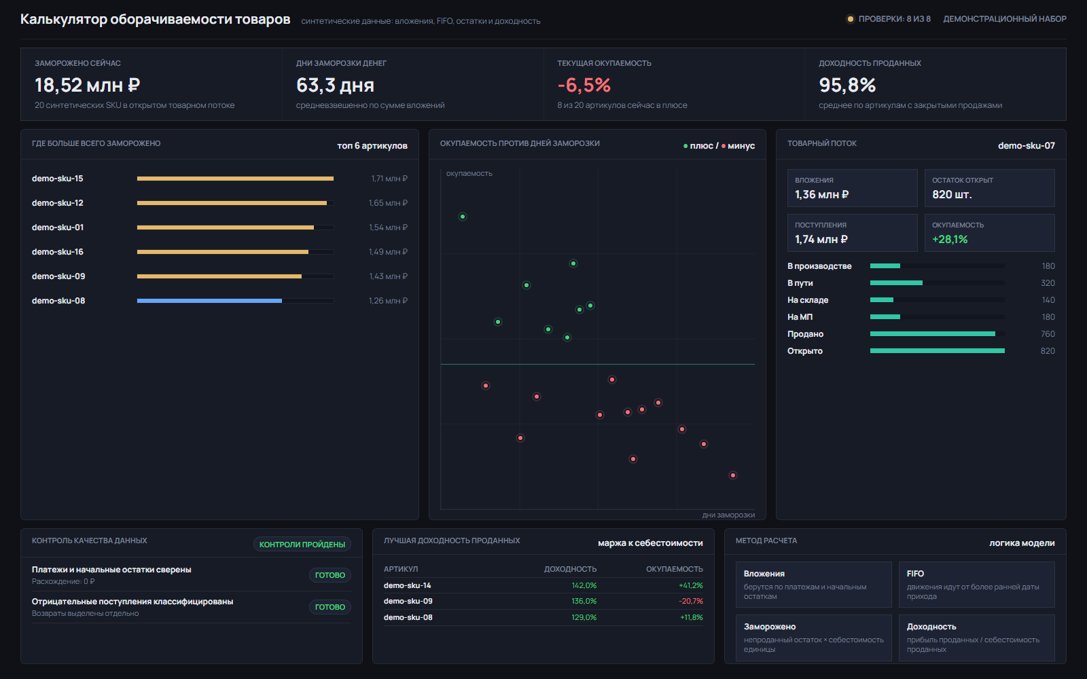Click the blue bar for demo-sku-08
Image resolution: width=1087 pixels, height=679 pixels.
(209, 301)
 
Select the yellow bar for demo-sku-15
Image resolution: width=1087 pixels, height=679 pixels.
(235, 179)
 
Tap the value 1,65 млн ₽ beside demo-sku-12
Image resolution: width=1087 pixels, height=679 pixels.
(388, 203)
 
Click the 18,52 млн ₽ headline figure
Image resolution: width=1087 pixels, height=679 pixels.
(88, 86)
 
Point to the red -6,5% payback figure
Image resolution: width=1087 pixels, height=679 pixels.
(584, 86)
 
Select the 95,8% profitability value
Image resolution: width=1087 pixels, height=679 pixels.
(847, 86)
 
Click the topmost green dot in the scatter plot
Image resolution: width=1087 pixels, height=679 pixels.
(463, 217)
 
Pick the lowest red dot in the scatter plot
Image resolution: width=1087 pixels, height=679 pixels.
(733, 475)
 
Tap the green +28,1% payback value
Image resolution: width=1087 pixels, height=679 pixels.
(950, 239)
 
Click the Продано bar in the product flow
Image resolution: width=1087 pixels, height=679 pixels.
(932, 333)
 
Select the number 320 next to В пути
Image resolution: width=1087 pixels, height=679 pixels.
(1048, 282)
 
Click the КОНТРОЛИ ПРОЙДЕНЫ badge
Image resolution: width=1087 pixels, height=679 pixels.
(302, 544)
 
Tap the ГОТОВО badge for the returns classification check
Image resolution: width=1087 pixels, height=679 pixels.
(330, 607)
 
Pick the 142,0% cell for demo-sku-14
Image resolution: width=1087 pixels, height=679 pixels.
(584, 585)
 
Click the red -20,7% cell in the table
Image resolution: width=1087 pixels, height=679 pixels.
(690, 601)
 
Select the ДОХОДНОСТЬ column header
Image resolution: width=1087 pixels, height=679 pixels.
(570, 569)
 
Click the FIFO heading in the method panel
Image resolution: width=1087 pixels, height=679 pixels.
(915, 573)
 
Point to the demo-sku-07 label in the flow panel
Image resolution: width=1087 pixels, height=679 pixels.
(1027, 145)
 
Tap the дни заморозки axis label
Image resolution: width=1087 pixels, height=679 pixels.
(728, 515)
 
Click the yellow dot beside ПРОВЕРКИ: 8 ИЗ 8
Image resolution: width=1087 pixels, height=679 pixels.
(850, 19)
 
